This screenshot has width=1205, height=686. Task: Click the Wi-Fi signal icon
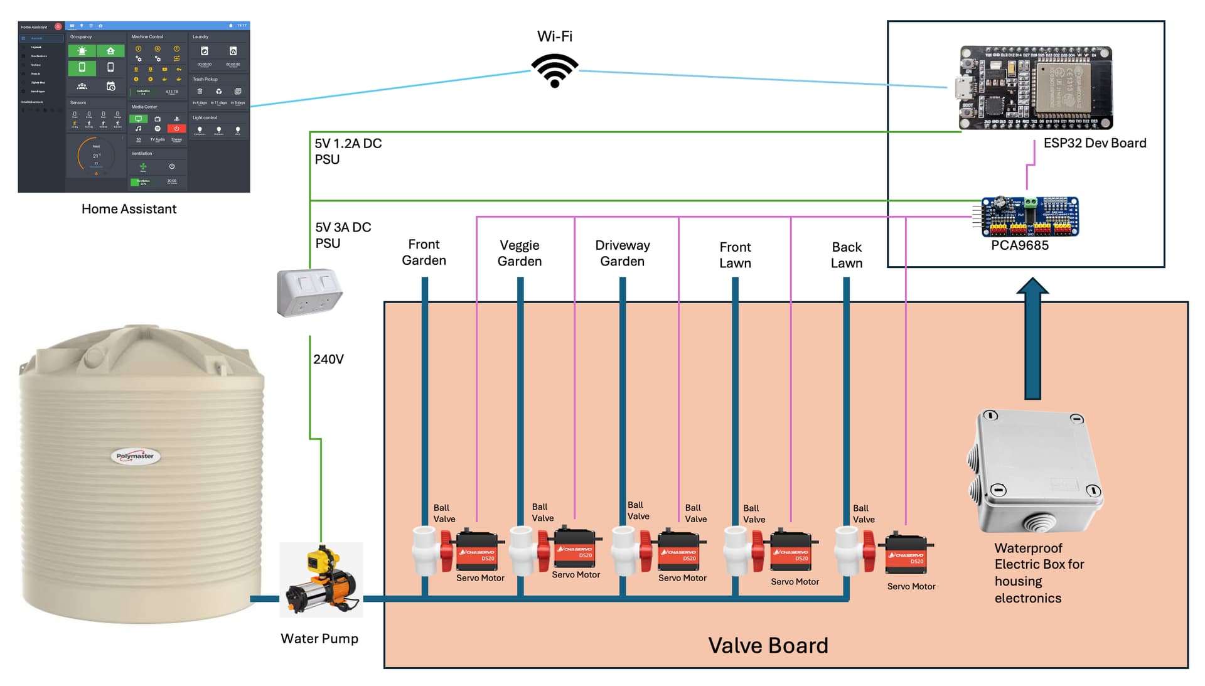point(554,70)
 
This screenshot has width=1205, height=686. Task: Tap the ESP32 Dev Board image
point(1035,88)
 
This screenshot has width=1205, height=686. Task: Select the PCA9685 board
point(1030,217)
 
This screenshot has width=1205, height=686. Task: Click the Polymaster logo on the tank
point(136,456)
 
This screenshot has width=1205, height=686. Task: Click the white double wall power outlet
point(309,292)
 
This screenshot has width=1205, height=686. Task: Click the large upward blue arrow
point(1032,339)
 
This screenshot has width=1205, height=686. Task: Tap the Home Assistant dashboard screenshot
point(134,107)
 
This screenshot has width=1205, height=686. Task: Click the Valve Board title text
point(768,645)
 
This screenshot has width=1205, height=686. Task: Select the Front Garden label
point(424,252)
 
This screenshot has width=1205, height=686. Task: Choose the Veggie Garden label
point(520,253)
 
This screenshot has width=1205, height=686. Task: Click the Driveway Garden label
point(622,253)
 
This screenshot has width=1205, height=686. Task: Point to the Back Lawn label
point(847,255)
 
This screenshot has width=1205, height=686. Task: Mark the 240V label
point(328,359)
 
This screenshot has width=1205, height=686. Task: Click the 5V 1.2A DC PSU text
point(348,151)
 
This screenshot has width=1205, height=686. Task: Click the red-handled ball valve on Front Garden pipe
point(434,550)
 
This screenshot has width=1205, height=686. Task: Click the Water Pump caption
point(319,638)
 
